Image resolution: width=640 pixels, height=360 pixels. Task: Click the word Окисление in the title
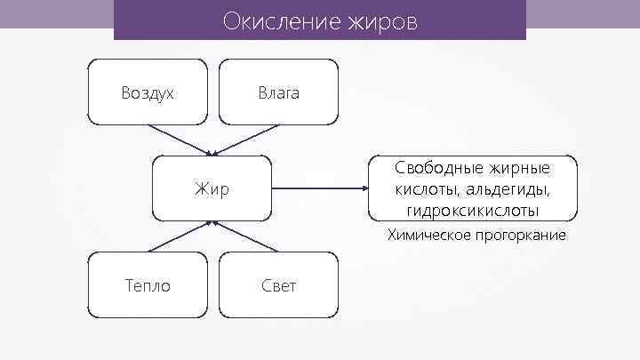274,20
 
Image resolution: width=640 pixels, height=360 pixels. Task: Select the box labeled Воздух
148,92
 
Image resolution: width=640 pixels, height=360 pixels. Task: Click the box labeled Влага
278,92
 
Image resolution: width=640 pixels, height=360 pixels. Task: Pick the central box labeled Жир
212,188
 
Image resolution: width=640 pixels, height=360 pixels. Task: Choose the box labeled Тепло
148,285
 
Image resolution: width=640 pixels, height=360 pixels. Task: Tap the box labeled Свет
278,285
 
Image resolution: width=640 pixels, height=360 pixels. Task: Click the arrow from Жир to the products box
320,188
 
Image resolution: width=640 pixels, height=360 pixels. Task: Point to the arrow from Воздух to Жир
178,140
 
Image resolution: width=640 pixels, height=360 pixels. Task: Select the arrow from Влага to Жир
245,140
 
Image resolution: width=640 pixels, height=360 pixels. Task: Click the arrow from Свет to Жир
245,236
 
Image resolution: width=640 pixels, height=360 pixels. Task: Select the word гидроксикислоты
472,211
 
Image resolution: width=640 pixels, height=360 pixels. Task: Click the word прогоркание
521,236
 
